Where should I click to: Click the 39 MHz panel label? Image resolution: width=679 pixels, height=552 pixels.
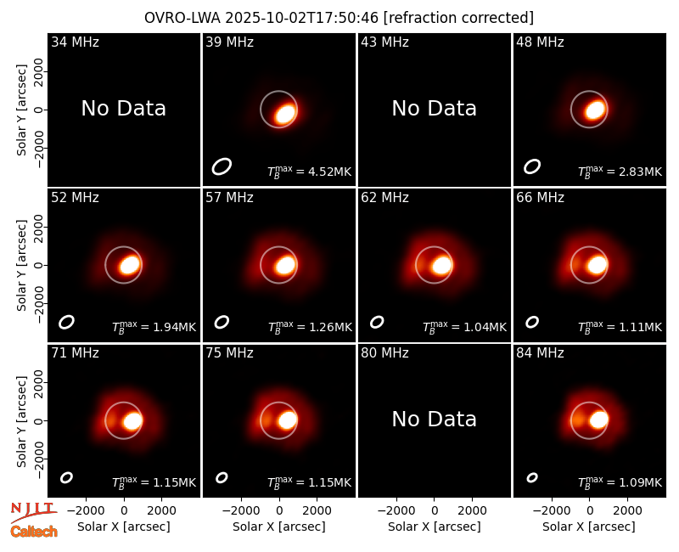pyautogui.click(x=229, y=42)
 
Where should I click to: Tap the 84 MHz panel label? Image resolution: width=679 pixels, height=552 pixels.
pyautogui.click(x=540, y=353)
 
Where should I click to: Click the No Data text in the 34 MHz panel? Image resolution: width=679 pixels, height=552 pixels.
pyautogui.click(x=123, y=109)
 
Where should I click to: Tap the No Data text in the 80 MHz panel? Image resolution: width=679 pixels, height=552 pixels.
pyautogui.click(x=434, y=419)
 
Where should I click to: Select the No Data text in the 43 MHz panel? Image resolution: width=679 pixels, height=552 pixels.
pyautogui.click(x=434, y=109)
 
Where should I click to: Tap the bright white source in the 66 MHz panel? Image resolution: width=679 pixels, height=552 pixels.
pyautogui.click(x=598, y=265)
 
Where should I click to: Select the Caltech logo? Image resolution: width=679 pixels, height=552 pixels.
pyautogui.click(x=34, y=532)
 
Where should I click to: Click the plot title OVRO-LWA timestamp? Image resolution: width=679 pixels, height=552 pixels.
pyautogui.click(x=339, y=18)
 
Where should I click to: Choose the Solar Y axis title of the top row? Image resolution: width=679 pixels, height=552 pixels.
pyautogui.click(x=22, y=110)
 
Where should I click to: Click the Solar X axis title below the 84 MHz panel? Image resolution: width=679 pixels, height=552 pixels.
pyautogui.click(x=589, y=527)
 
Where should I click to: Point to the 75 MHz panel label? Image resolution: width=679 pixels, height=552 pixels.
pyautogui.click(x=229, y=353)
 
